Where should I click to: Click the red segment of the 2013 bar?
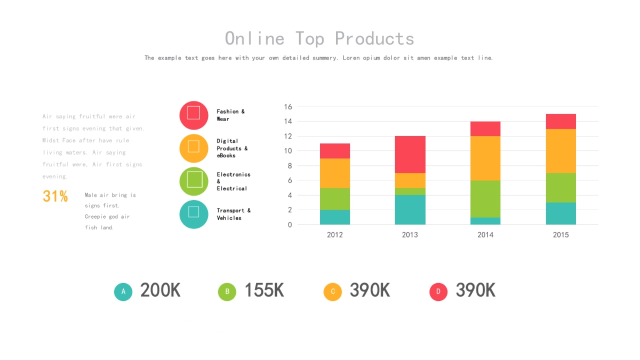pos(410,154)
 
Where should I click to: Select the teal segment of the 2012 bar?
pos(335,217)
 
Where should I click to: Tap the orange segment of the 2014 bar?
pos(485,158)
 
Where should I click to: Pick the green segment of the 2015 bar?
pos(561,187)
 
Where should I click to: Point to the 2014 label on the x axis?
pos(485,235)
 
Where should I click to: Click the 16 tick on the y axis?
pos(288,107)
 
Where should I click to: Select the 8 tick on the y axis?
pos(288,166)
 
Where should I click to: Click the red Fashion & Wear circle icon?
pos(194,115)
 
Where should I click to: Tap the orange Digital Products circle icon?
pos(194,148)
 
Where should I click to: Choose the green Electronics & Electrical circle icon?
pos(194,181)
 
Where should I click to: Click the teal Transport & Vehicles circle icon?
pos(194,214)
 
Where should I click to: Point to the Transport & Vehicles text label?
pos(234,214)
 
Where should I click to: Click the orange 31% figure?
pos(55,196)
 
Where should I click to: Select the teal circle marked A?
pos(123,292)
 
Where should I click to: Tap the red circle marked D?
pos(438,292)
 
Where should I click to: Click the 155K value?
pos(264,290)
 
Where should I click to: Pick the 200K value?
pos(160,290)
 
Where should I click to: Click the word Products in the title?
pos(374,38)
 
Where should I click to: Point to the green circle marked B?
pos(227,292)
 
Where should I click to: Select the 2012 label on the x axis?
pos(335,235)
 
